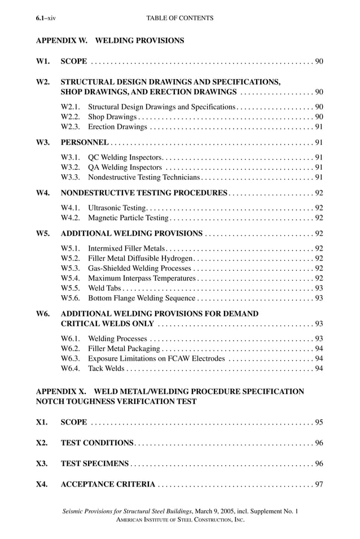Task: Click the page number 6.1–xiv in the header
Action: (x=46, y=18)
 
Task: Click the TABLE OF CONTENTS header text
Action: (x=179, y=18)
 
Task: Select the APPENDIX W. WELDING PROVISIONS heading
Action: (x=110, y=41)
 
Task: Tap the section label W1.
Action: (x=43, y=61)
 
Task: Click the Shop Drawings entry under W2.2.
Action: (x=112, y=117)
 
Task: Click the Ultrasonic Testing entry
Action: (x=117, y=208)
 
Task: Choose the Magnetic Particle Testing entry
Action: (x=129, y=218)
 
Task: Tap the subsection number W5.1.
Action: (x=70, y=248)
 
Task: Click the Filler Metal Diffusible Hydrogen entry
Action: (x=141, y=258)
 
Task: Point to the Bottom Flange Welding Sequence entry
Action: (x=142, y=298)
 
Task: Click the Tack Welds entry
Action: (x=107, y=369)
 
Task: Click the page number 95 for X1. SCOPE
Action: (x=319, y=422)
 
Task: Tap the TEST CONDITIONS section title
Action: (x=97, y=443)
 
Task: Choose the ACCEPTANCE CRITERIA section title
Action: (x=108, y=484)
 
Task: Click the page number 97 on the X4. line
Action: (x=319, y=484)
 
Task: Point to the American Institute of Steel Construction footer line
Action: (x=179, y=520)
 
